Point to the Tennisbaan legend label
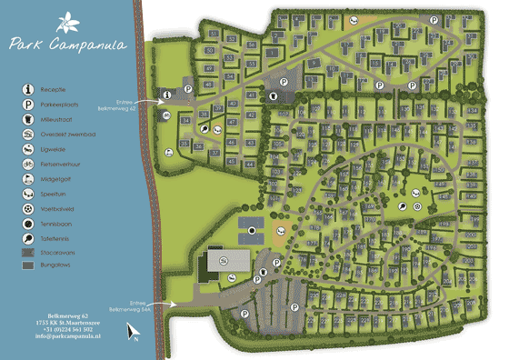(72, 223)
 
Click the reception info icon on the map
(167, 94)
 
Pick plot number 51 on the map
(214, 34)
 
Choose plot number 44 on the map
(250, 164)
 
